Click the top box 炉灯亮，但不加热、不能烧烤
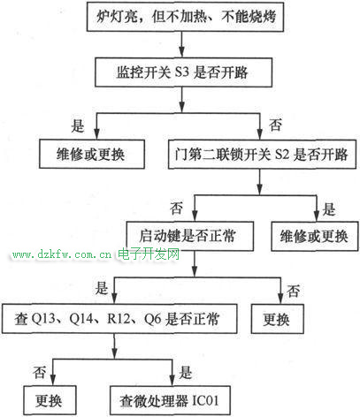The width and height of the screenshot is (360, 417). (x=185, y=17)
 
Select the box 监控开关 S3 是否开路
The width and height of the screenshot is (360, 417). (x=183, y=72)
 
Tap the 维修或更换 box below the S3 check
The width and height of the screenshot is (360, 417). (x=92, y=154)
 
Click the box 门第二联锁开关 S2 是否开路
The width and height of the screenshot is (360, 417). (x=262, y=154)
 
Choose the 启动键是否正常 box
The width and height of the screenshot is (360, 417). (x=189, y=236)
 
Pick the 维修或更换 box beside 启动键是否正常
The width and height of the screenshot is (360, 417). (x=315, y=236)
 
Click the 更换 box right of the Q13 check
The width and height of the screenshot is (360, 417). (x=277, y=319)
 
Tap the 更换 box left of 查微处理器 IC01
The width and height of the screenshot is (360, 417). (x=50, y=400)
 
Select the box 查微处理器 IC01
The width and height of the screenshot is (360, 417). (x=170, y=400)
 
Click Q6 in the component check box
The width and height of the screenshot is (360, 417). (x=152, y=319)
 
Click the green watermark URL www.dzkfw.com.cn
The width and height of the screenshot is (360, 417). (x=62, y=254)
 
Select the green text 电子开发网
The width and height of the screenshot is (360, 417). (x=149, y=254)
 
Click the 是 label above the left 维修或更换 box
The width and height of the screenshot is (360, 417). (x=78, y=126)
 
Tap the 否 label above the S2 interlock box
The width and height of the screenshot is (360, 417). (x=275, y=125)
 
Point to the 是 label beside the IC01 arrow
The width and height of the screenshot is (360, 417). (x=186, y=373)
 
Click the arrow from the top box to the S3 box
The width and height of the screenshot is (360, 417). (x=182, y=44)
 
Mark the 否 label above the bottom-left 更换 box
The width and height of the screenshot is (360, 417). (x=40, y=372)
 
